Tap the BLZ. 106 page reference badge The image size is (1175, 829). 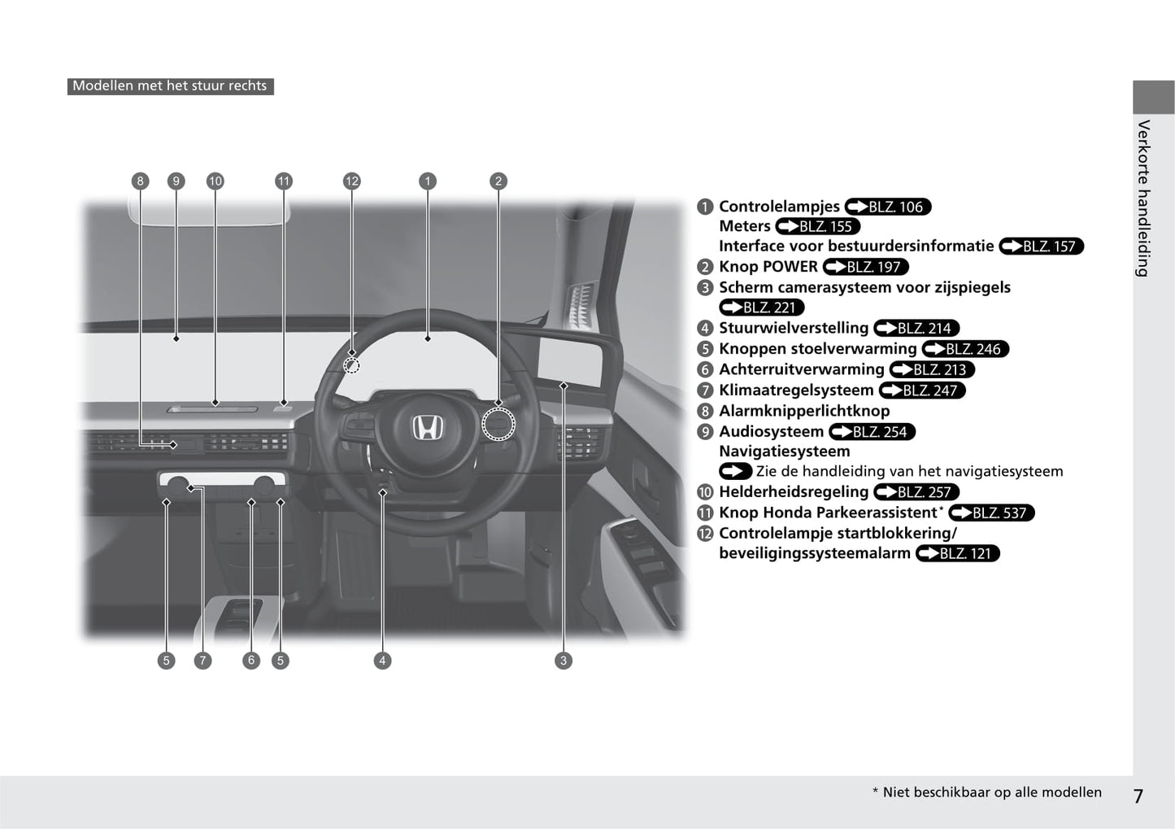888,207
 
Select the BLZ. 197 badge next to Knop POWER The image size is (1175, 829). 866,267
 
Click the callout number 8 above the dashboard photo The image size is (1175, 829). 141,181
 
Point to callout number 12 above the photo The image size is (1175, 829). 351,181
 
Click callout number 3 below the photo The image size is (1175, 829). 564,661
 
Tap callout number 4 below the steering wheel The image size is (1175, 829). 382,661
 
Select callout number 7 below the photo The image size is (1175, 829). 202,661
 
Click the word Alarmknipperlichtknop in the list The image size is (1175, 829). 803,411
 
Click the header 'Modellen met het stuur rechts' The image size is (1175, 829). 170,86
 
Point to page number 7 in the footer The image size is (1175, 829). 1138,796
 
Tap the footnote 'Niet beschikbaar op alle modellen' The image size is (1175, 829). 991,792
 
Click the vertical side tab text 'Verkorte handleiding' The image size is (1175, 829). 1143,199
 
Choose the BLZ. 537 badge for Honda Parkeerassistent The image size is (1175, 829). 991,513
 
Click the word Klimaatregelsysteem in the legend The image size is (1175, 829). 796,391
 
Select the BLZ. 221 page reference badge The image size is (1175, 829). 762,308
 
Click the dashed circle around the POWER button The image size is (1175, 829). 498,424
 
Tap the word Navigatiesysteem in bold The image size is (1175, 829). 784,452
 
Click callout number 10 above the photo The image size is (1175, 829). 215,181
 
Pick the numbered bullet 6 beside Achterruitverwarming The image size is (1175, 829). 705,370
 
